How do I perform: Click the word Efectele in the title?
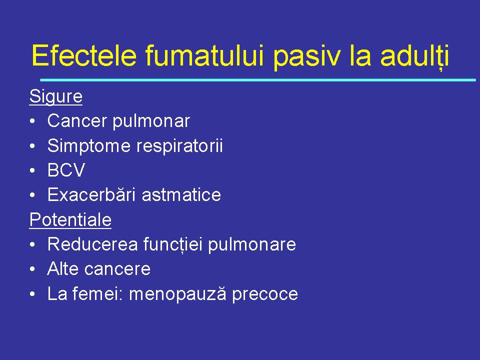pyautogui.click(x=83, y=56)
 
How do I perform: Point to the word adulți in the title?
pyautogui.click(x=414, y=56)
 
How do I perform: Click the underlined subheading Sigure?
pyautogui.click(x=55, y=96)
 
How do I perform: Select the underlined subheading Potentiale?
pyautogui.click(x=70, y=219)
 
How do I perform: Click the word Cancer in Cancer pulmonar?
pyautogui.click(x=77, y=121)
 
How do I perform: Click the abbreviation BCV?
pyautogui.click(x=66, y=170)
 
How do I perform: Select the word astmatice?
pyautogui.click(x=181, y=195)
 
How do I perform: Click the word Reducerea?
pyautogui.click(x=92, y=244)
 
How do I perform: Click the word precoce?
pyautogui.click(x=264, y=294)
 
